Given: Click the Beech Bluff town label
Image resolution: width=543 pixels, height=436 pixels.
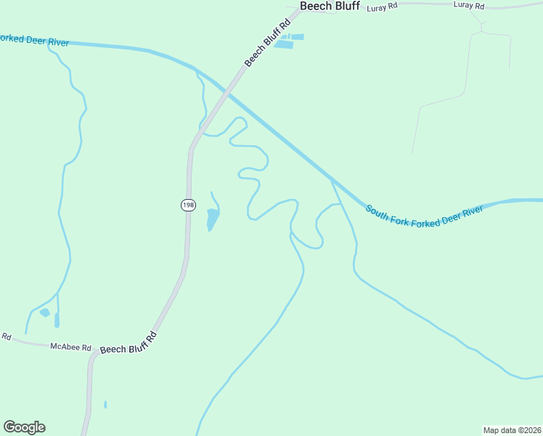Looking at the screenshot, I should [330, 6].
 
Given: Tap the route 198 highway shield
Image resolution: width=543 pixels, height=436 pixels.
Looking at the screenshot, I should [188, 205].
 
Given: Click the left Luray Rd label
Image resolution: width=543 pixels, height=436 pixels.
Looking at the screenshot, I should [383, 7].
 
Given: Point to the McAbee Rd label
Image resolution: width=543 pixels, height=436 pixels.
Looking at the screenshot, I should [70, 347].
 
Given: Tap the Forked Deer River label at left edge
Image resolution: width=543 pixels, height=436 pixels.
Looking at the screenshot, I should [33, 41].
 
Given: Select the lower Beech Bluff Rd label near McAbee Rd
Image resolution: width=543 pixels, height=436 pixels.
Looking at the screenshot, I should [128, 342].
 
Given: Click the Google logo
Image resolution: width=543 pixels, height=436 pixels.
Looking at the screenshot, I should [24, 427].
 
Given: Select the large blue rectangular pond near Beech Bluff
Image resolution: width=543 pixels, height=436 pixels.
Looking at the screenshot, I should [284, 45].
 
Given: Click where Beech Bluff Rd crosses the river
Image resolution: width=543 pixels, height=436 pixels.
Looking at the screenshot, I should [228, 93].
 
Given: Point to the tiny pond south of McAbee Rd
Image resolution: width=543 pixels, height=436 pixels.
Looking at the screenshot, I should [105, 404].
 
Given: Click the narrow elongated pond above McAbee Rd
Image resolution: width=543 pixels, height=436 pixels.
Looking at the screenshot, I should [57, 320].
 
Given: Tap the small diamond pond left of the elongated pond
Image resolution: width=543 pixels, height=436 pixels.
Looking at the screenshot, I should [45, 312].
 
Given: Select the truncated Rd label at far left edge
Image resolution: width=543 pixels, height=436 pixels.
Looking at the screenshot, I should [6, 336].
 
